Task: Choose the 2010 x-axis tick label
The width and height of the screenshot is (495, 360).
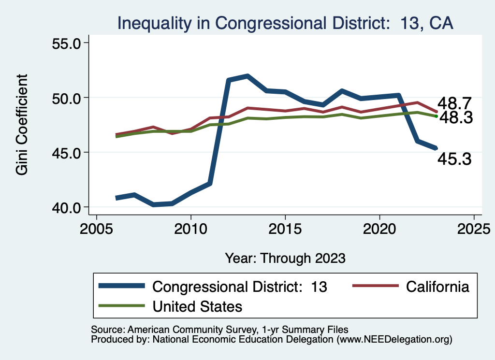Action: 190,228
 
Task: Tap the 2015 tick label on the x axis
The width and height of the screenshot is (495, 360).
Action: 285,228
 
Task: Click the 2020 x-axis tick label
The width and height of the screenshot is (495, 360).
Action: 379,228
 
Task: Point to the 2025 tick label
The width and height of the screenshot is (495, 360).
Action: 474,228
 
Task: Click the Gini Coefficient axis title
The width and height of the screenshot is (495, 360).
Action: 22,125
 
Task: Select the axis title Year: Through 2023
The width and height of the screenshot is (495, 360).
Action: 285,258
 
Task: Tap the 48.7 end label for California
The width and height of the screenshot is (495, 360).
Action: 454,103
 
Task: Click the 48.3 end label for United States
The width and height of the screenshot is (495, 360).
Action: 455,117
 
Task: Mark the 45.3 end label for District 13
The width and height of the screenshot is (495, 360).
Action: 454,159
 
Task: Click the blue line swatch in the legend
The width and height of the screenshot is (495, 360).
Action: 122,286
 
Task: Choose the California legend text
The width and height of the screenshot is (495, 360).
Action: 437,286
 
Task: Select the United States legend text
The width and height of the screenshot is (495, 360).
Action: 197,306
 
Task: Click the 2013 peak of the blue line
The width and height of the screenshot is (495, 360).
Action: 247,76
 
